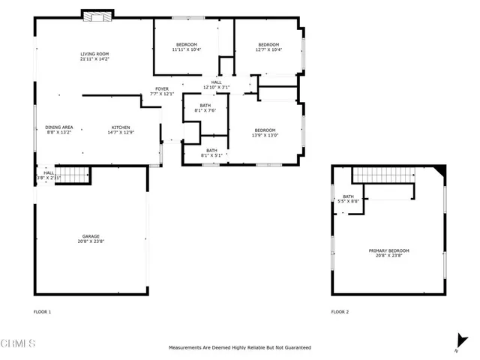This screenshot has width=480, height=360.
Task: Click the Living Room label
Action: click(95, 54)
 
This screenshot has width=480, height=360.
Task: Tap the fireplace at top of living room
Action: click(97, 16)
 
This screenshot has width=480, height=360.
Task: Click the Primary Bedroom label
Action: click(388, 250)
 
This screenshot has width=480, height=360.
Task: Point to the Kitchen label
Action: click(121, 127)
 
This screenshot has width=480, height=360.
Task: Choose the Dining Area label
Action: click(58, 127)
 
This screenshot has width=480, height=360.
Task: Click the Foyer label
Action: click(162, 88)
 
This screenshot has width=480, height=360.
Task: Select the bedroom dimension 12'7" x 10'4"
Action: click(268, 49)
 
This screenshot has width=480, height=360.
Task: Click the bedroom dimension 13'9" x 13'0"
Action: click(265, 136)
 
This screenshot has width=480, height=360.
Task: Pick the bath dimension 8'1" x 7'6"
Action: click(205, 111)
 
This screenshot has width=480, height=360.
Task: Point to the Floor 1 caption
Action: click(43, 311)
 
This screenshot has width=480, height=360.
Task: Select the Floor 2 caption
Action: click(340, 311)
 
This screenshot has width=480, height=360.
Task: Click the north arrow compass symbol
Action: click(457, 341)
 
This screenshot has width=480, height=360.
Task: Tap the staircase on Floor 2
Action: click(382, 175)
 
